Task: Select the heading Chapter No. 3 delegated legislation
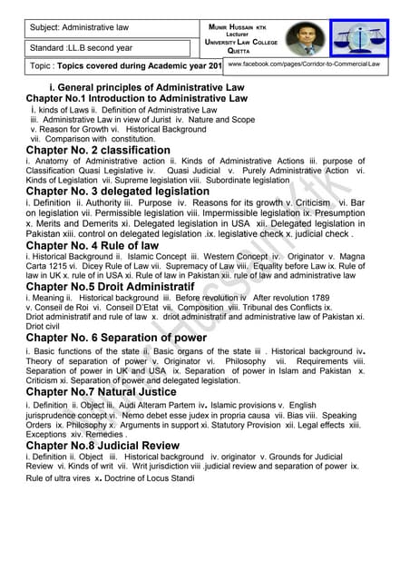click(x=118, y=192)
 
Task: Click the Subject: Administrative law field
click(x=80, y=27)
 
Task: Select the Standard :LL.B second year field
click(x=82, y=46)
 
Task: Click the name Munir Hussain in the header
click(x=239, y=27)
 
